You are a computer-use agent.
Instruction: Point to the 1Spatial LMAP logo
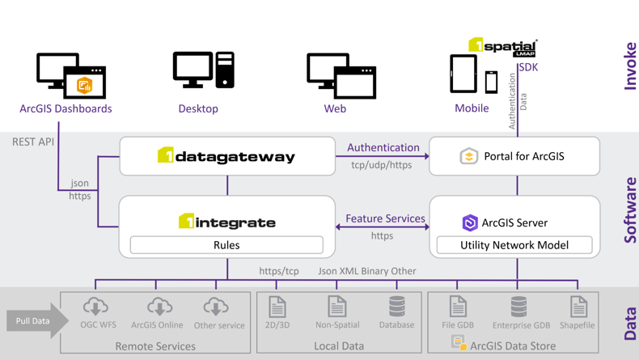click(502, 47)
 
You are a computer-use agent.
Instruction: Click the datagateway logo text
click(226, 156)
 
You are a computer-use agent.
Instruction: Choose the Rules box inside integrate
click(226, 244)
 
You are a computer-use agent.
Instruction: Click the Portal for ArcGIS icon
click(469, 156)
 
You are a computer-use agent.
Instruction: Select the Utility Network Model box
click(514, 244)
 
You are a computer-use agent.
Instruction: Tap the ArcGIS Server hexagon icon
click(470, 222)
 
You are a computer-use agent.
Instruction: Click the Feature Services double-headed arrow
click(383, 227)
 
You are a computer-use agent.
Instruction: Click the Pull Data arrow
click(37, 321)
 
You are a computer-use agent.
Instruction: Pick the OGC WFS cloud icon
click(95, 307)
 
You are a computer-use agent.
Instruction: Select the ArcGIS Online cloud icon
click(159, 307)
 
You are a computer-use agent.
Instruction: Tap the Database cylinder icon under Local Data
click(397, 306)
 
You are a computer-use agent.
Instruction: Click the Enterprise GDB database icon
click(519, 306)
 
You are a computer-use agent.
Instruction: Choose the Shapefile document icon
click(578, 306)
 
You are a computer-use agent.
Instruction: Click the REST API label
click(33, 142)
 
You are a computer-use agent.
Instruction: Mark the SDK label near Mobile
click(528, 67)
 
